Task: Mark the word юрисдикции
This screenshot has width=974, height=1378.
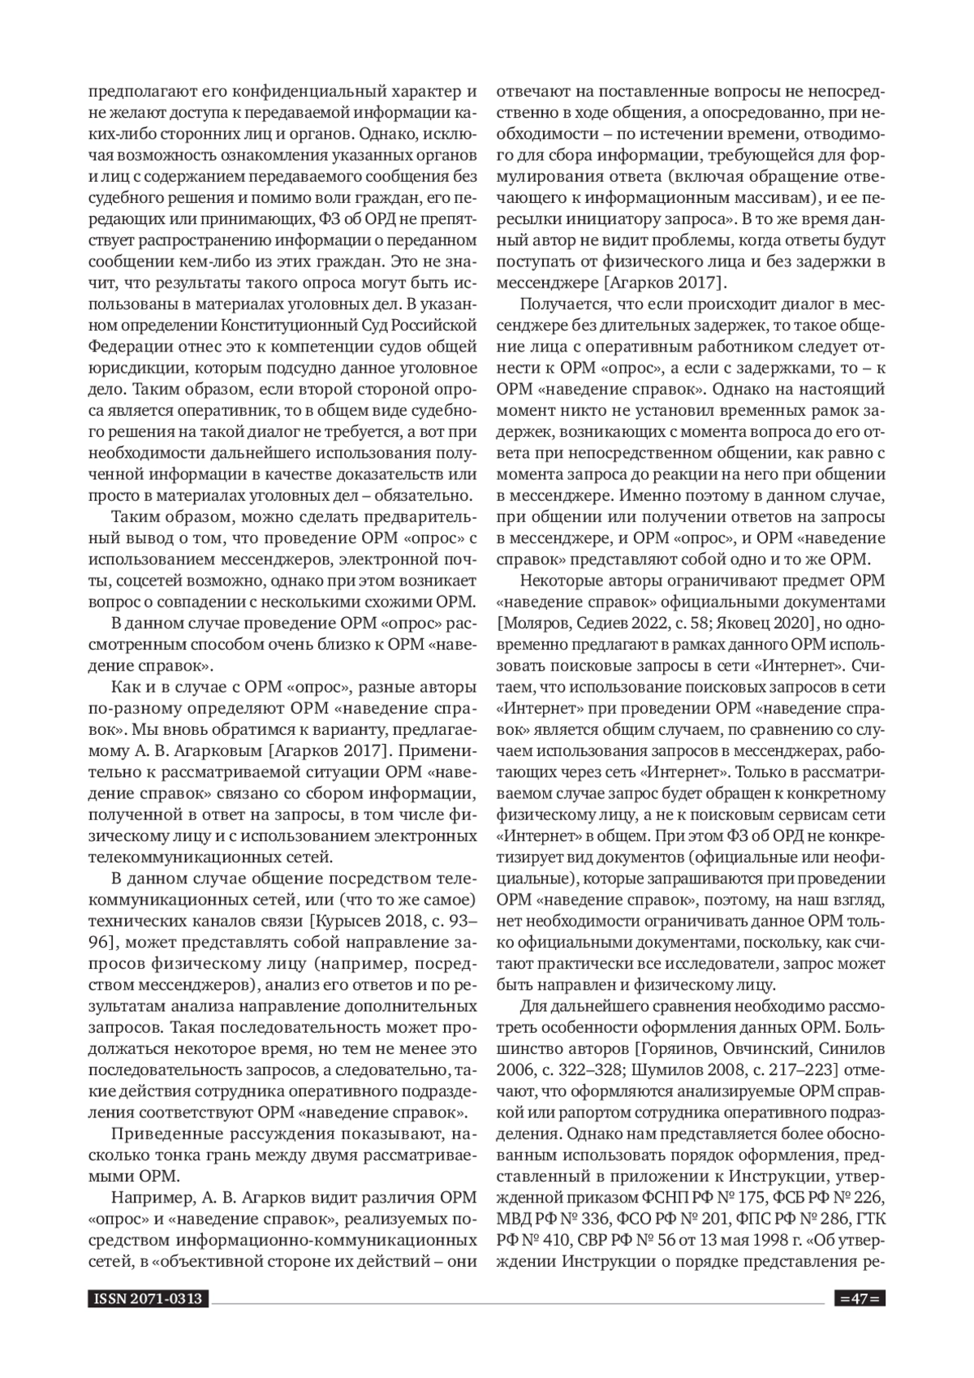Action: pyautogui.click(x=127, y=369)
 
